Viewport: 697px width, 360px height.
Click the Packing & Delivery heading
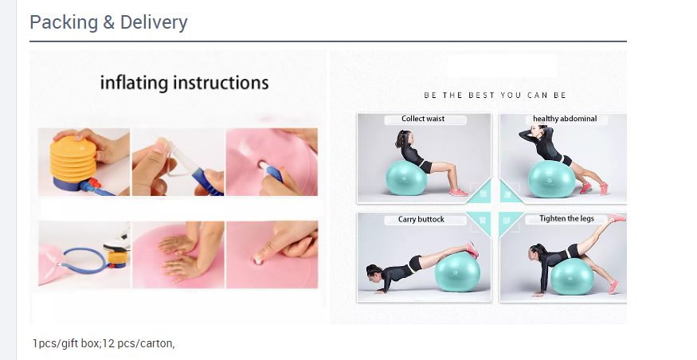point(108,22)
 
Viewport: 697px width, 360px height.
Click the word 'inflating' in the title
point(134,83)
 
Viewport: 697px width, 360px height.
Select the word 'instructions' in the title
point(221,83)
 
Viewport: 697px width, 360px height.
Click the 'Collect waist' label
point(423,119)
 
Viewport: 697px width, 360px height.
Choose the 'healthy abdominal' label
point(565,119)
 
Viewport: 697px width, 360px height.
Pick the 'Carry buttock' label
point(421,219)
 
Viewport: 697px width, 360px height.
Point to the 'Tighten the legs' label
point(566,219)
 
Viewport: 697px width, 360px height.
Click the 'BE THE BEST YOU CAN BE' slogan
point(495,95)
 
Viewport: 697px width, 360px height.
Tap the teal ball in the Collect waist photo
point(407,178)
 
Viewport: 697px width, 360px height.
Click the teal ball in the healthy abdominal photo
point(552,178)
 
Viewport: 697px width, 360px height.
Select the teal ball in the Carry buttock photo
point(457,273)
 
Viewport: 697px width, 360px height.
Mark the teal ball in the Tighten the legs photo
point(572,276)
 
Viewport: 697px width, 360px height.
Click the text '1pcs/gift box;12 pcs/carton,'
point(104,343)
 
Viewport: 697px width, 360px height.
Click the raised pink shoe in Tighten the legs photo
point(617,217)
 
